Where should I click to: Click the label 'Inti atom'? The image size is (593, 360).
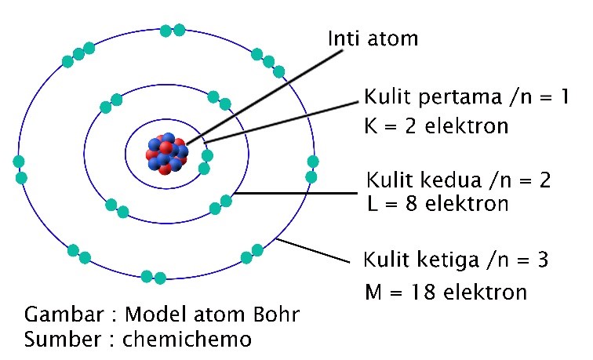click(373, 38)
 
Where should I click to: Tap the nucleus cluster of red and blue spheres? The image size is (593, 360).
click(167, 151)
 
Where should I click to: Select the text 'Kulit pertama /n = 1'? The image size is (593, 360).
click(466, 99)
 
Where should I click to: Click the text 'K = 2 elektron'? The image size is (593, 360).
click(437, 125)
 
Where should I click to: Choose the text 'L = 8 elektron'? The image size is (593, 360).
click(437, 204)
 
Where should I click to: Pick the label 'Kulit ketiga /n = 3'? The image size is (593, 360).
click(460, 260)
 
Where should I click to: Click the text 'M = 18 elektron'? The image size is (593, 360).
click(446, 293)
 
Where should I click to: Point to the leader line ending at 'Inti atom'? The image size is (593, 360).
click(267, 94)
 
